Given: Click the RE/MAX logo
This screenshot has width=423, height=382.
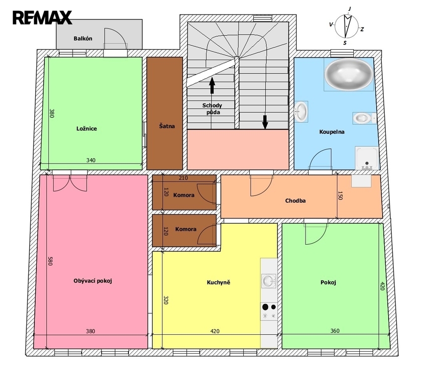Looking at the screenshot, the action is click(42, 17).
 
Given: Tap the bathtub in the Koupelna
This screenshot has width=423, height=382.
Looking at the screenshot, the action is click(349, 75).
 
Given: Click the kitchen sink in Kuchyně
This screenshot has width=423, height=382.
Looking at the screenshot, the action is click(269, 281).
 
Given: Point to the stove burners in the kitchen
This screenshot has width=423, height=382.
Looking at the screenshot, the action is click(269, 311).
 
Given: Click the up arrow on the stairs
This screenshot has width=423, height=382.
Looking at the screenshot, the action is click(212, 85).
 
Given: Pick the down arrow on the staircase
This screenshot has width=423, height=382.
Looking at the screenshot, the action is click(265, 122).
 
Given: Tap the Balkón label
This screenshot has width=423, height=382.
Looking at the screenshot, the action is click(83, 39).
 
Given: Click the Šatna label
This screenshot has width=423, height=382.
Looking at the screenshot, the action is click(167, 126).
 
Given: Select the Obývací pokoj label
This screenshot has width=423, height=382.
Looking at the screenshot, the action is click(93, 281).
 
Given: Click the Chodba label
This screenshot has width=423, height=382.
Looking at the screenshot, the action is click(296, 200).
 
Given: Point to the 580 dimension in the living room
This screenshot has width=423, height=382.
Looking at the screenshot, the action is click(50, 261).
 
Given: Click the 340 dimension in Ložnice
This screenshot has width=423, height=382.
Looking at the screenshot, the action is click(91, 160).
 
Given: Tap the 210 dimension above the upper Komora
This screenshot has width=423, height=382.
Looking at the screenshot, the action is click(183, 178).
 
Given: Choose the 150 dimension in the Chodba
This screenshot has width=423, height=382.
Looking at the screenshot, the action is click(340, 195).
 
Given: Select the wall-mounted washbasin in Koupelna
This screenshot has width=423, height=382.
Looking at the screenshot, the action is click(301, 111).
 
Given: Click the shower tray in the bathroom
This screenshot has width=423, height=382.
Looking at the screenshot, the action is click(367, 158).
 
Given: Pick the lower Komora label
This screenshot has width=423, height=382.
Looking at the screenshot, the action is click(186, 229).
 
